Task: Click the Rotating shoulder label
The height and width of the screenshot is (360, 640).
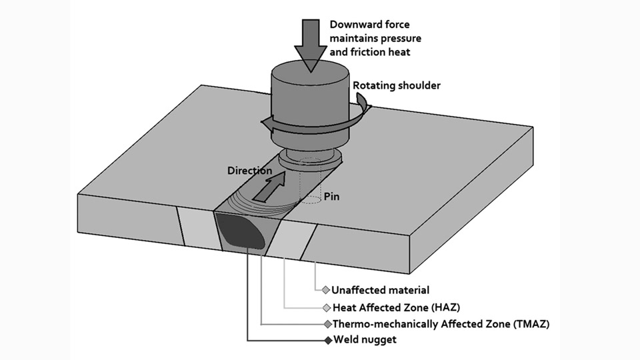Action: (x=397, y=85)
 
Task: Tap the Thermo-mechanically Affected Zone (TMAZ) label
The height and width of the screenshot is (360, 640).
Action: (x=440, y=324)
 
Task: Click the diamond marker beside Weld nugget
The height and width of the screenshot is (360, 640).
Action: (x=327, y=341)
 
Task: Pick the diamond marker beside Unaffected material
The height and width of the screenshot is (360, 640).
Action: (x=325, y=290)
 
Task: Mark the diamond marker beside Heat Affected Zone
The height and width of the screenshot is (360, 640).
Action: (x=326, y=307)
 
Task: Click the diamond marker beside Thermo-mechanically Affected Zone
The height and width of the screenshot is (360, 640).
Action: (x=327, y=324)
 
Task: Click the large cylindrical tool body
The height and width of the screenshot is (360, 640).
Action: (x=308, y=100)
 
